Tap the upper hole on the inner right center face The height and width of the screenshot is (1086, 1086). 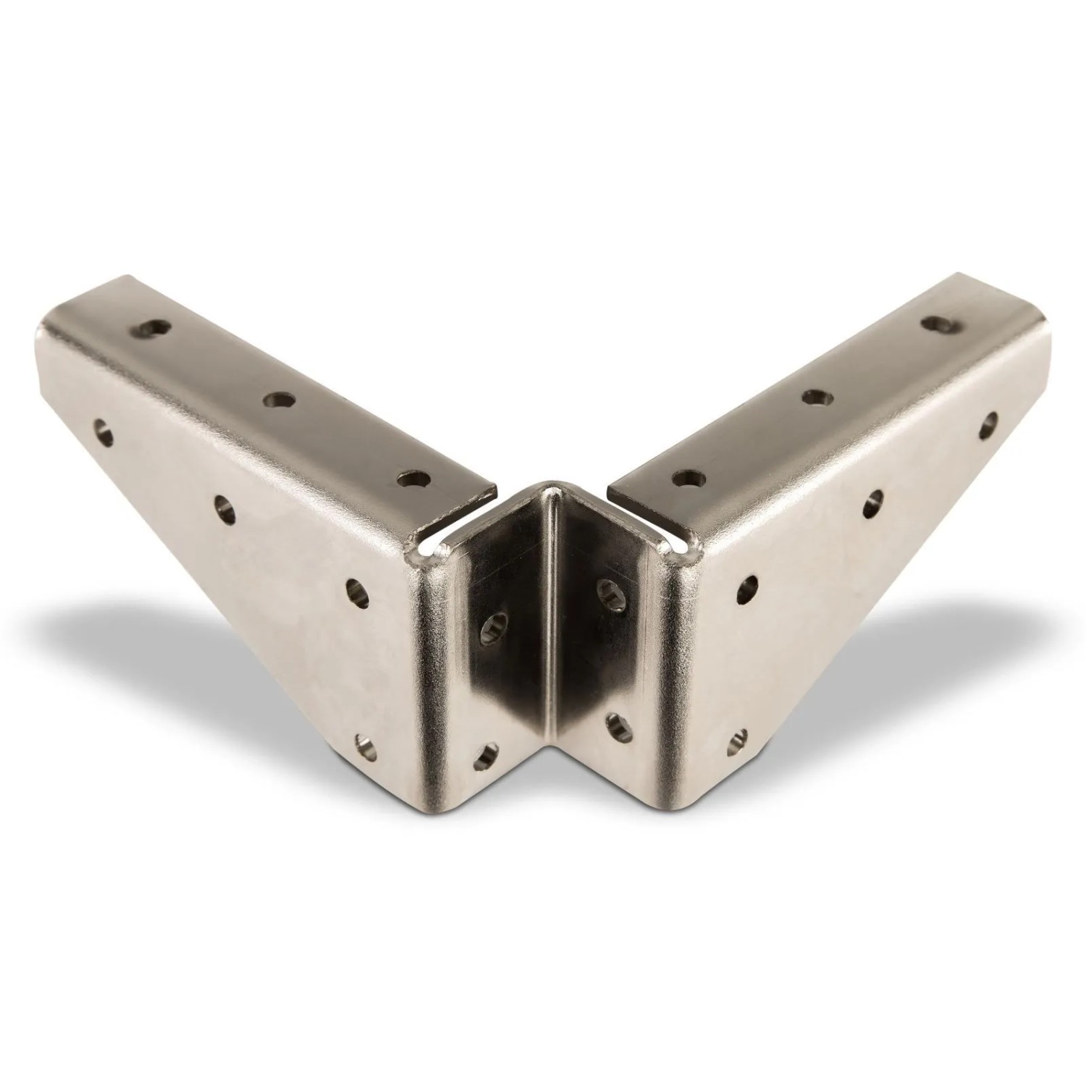[x=607, y=590]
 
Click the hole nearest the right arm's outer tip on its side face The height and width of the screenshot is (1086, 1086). [x=989, y=425]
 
